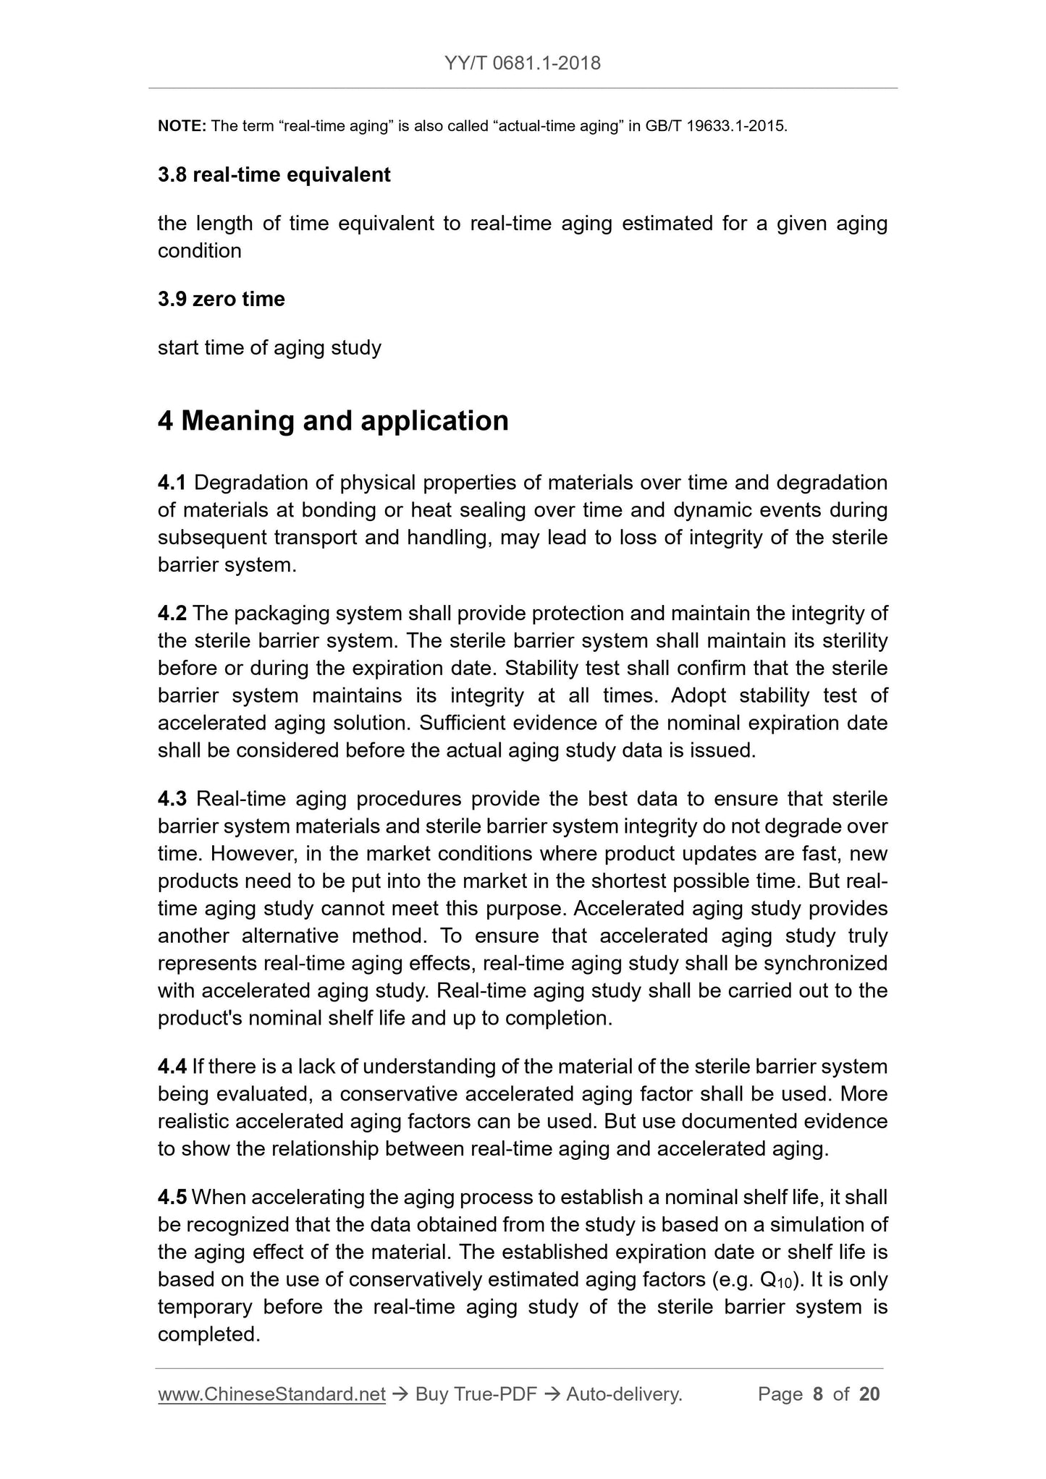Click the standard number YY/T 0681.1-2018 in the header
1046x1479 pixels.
tap(523, 63)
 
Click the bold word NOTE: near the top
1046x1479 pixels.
tap(182, 126)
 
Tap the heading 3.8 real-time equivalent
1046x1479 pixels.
tap(274, 175)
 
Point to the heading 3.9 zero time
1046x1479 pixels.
tap(221, 299)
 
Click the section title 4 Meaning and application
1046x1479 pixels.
tap(333, 420)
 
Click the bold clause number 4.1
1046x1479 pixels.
tap(172, 483)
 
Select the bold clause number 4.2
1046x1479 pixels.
tap(172, 614)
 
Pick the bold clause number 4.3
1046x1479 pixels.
tap(172, 799)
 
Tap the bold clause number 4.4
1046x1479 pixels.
tap(172, 1067)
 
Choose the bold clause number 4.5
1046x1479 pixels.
tap(172, 1198)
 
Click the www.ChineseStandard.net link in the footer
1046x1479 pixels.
tap(271, 1394)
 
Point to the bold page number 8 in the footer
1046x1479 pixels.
tap(818, 1394)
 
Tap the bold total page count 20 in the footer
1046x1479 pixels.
tap(869, 1394)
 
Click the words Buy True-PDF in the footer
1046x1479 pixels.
tap(476, 1394)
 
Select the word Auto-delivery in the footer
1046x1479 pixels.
tap(624, 1394)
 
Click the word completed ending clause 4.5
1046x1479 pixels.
tap(208, 1335)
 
